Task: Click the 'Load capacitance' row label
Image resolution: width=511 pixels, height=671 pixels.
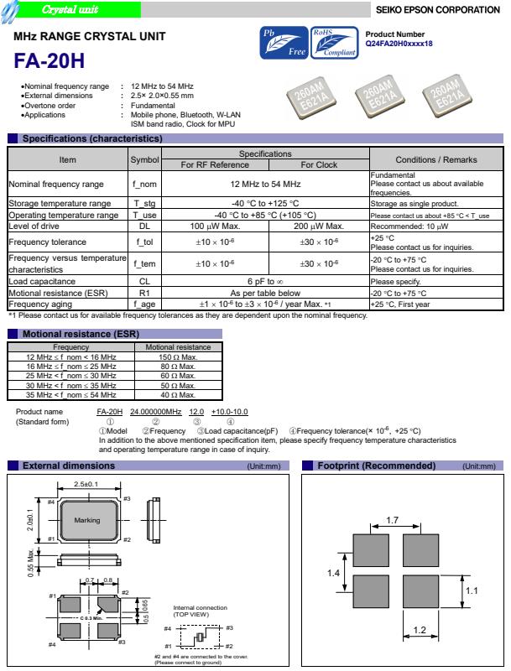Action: click(39, 282)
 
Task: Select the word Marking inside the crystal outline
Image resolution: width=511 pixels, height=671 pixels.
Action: click(86, 521)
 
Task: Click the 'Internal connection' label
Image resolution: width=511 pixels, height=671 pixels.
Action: click(197, 607)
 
